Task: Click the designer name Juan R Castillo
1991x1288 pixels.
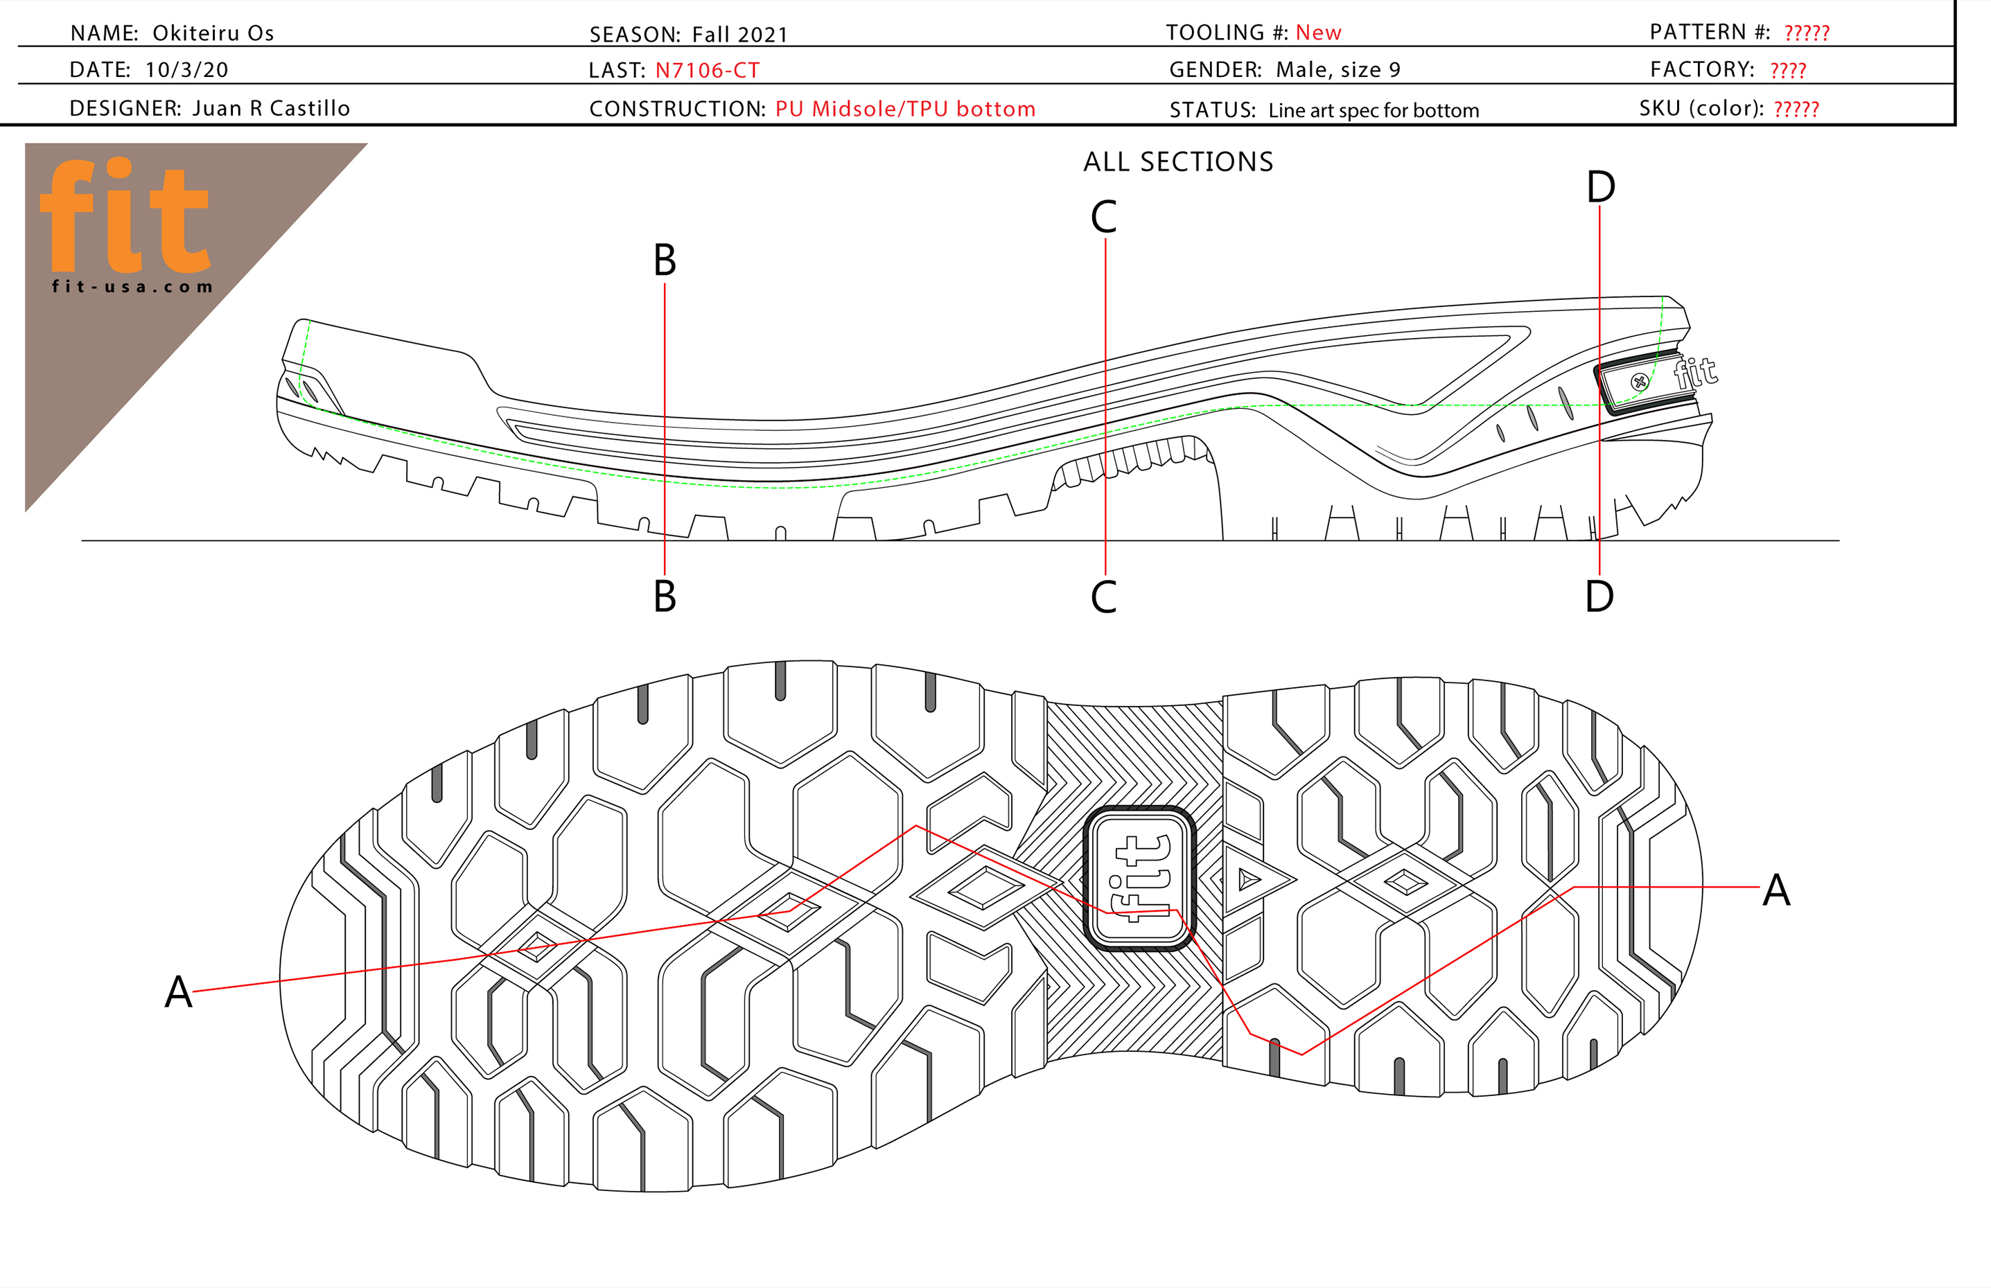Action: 271,109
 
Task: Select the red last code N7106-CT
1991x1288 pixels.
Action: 707,70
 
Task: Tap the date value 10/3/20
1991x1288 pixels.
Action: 186,69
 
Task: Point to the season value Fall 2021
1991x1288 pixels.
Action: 739,34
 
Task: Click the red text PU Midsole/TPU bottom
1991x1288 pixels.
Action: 905,109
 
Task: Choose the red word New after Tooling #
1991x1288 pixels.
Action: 1317,33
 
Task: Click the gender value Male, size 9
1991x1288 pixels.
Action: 1337,69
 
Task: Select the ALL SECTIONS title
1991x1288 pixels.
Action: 1178,161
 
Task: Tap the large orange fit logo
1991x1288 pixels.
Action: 125,215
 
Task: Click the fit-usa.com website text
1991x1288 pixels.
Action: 132,287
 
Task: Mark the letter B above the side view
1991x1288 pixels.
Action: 664,260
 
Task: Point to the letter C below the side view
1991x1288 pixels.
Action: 1103,597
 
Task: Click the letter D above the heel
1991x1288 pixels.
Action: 1600,186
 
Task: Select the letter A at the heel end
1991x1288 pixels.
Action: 1776,890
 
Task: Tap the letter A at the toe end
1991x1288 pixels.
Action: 178,992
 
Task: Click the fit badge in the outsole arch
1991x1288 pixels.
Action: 1139,879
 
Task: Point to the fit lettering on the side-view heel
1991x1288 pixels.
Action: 1695,372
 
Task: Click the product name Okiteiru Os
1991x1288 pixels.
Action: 213,33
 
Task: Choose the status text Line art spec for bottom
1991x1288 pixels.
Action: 1373,110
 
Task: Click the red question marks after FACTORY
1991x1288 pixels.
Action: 1788,70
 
